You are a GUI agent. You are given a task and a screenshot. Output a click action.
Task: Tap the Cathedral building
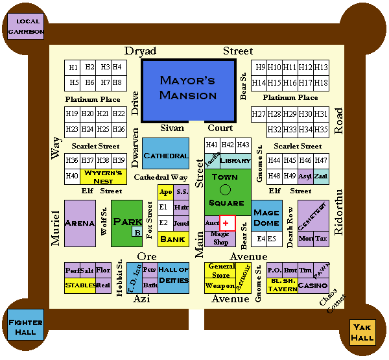tap(165, 156)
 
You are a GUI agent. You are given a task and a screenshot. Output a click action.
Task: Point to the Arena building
tap(80, 223)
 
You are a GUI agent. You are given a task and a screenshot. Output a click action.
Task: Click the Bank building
tap(172, 239)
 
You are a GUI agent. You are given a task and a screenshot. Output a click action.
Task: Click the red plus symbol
tap(226, 222)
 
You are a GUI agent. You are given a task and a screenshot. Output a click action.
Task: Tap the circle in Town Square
tap(225, 190)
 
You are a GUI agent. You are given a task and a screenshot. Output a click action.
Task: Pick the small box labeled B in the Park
tap(137, 232)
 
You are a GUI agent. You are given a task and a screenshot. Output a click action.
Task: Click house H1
tap(73, 67)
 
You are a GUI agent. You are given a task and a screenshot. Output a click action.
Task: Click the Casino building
tap(313, 285)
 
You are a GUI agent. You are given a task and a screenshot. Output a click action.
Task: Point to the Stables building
tap(80, 285)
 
